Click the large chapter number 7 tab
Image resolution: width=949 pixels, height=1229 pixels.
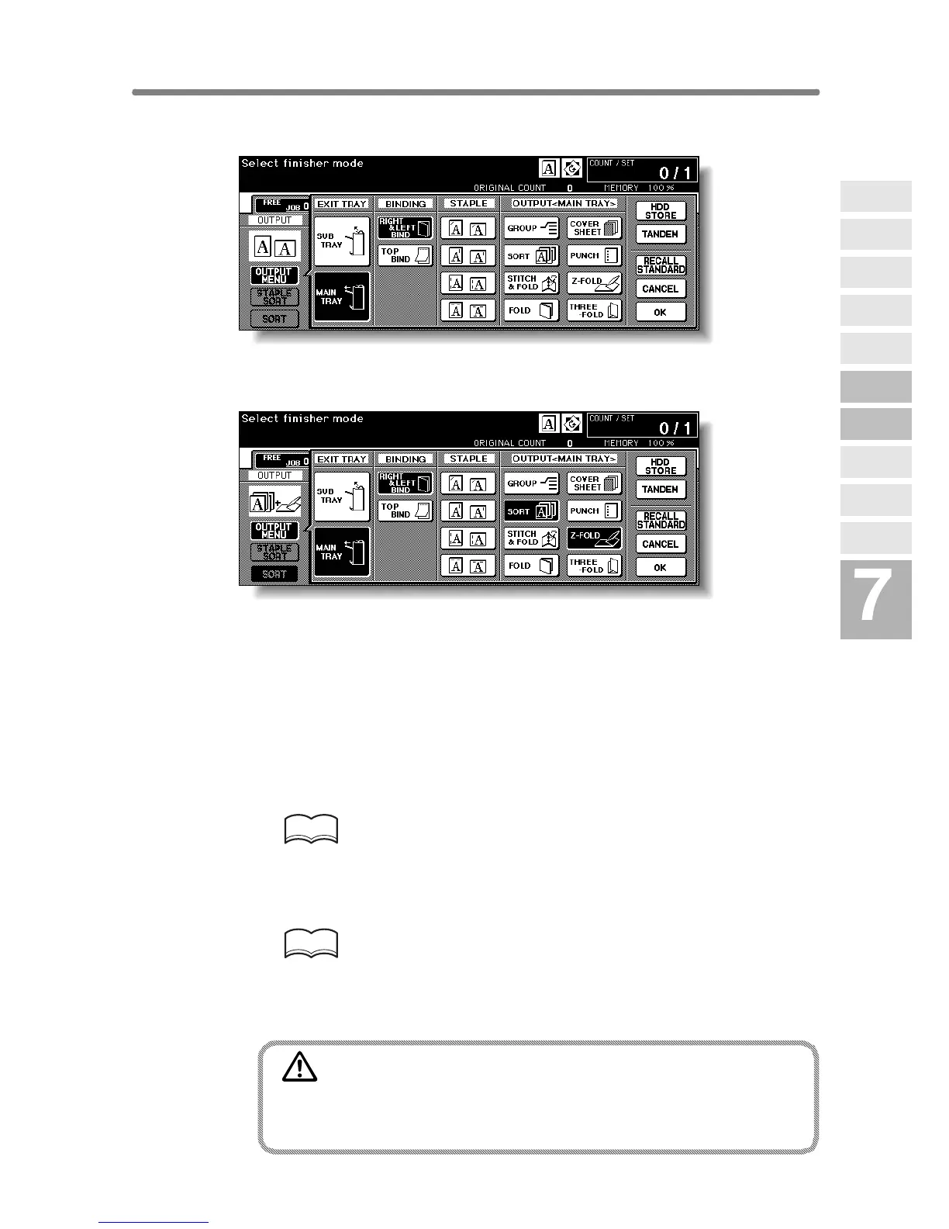(x=875, y=599)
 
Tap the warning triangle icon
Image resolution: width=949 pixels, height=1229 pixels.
(x=300, y=1068)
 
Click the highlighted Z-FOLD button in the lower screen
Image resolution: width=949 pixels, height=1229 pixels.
(x=594, y=538)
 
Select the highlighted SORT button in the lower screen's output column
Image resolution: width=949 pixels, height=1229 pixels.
(x=531, y=511)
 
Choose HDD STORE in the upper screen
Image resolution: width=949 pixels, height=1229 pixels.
(x=661, y=211)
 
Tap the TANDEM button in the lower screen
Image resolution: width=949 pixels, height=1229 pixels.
(x=661, y=490)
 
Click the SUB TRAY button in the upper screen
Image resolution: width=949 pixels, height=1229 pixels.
(x=342, y=241)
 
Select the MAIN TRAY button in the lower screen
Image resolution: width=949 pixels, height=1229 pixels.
(x=342, y=552)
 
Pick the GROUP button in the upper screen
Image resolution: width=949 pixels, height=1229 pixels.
(x=531, y=228)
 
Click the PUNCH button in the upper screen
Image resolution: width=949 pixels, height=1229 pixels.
(x=594, y=255)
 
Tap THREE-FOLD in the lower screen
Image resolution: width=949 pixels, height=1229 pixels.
(x=594, y=566)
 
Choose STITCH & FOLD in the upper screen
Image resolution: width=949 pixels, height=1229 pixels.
(x=531, y=283)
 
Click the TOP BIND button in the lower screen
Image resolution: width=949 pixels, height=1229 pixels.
(x=405, y=511)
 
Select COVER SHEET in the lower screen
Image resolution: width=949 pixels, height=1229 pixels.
(x=594, y=483)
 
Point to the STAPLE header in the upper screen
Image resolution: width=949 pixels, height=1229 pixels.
(x=468, y=204)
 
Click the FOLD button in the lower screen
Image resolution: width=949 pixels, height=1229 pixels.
(x=531, y=566)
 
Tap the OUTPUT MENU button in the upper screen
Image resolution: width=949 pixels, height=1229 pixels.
(x=274, y=275)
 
